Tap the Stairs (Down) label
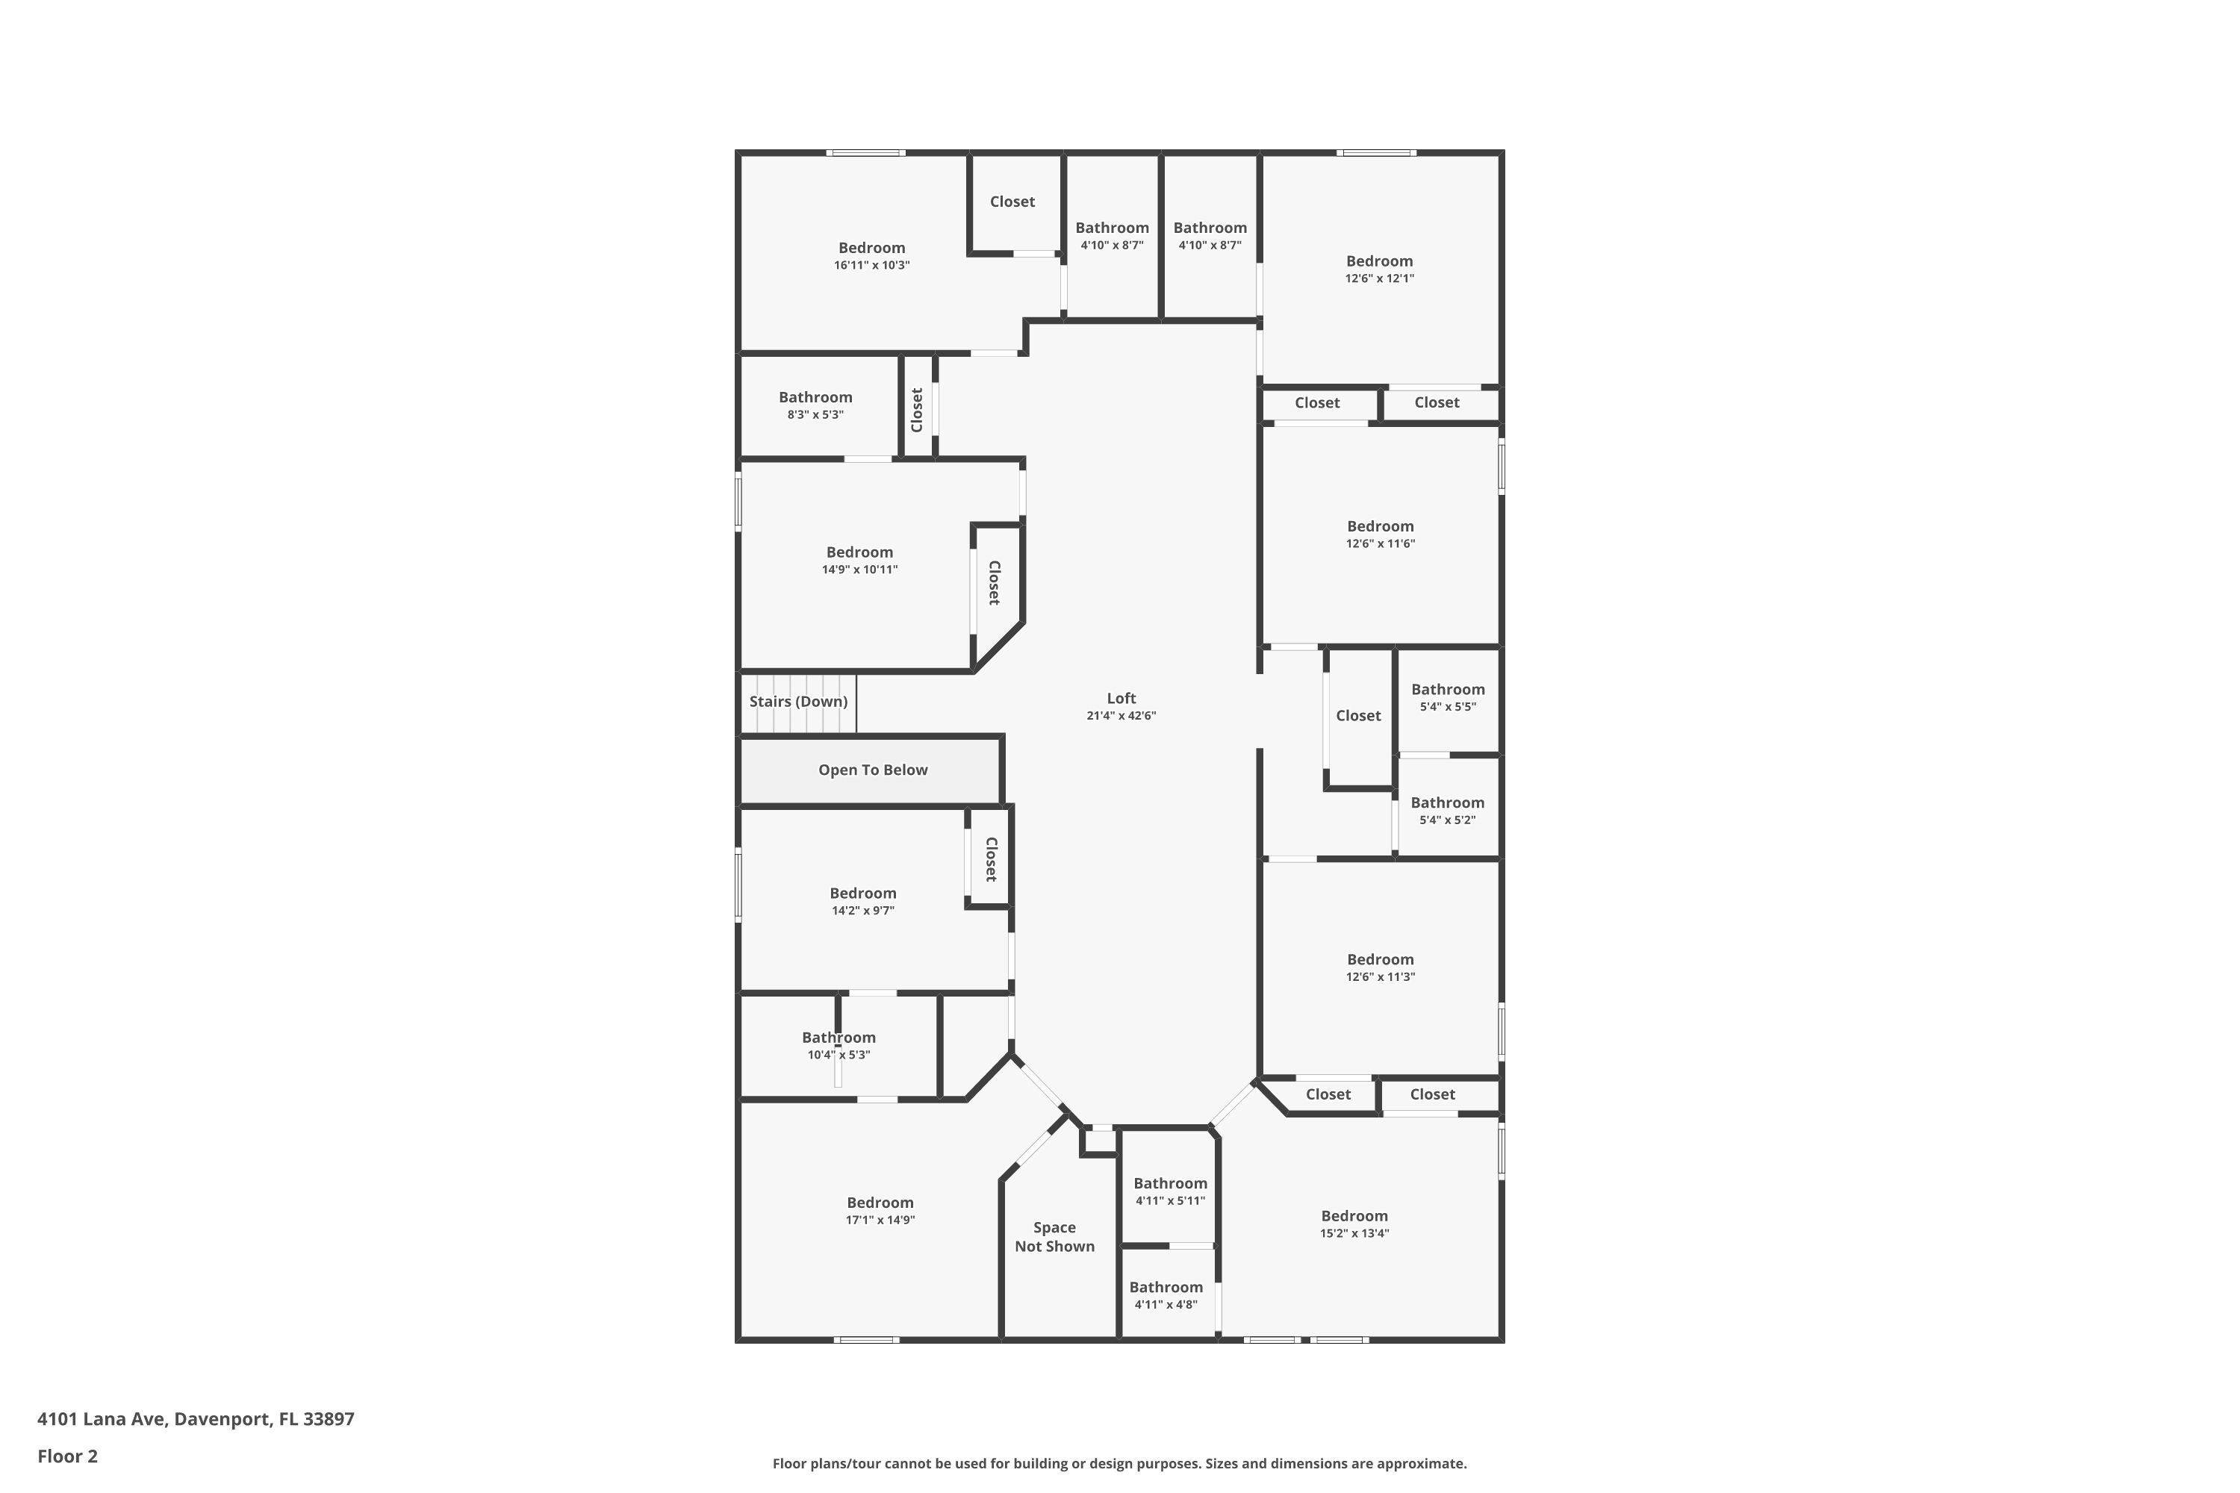[798, 702]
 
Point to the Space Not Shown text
[1054, 1237]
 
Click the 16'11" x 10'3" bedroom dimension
[871, 266]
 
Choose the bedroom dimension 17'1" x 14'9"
[880, 1220]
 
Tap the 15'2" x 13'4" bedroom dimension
[1354, 1233]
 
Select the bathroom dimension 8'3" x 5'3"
[815, 415]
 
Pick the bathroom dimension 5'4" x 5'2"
[1448, 820]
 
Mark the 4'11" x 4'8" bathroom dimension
[1166, 1304]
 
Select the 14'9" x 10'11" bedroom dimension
[860, 570]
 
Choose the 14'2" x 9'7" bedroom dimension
[863, 910]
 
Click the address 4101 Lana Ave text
[103, 1419]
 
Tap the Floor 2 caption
[68, 1456]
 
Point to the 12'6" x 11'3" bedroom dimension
[1380, 977]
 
